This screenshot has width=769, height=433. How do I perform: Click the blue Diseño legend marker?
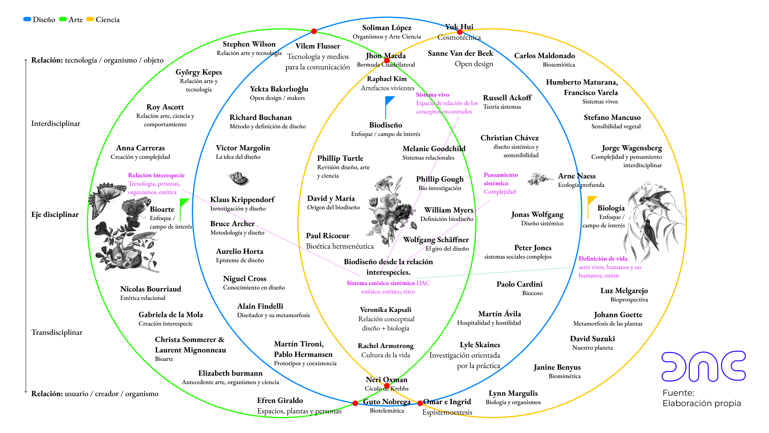point(27,19)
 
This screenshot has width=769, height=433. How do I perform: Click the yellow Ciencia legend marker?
point(90,19)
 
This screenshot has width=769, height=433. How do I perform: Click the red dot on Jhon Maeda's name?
point(387,61)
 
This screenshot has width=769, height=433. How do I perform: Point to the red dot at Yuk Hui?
point(460,32)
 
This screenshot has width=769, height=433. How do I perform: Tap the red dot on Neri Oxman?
point(387,386)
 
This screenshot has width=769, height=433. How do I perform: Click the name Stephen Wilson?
point(249,44)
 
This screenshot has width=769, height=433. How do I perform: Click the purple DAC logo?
point(703,366)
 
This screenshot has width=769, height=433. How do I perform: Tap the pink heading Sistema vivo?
point(432,95)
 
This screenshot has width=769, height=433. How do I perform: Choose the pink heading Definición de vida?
point(603,259)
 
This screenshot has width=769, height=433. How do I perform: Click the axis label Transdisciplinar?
point(57,332)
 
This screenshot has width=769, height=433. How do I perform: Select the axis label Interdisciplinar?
point(56,123)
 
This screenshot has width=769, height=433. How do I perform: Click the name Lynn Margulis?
point(513,393)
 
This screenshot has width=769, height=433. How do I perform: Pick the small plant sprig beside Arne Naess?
point(540,179)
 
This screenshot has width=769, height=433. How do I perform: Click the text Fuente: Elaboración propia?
point(701,398)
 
